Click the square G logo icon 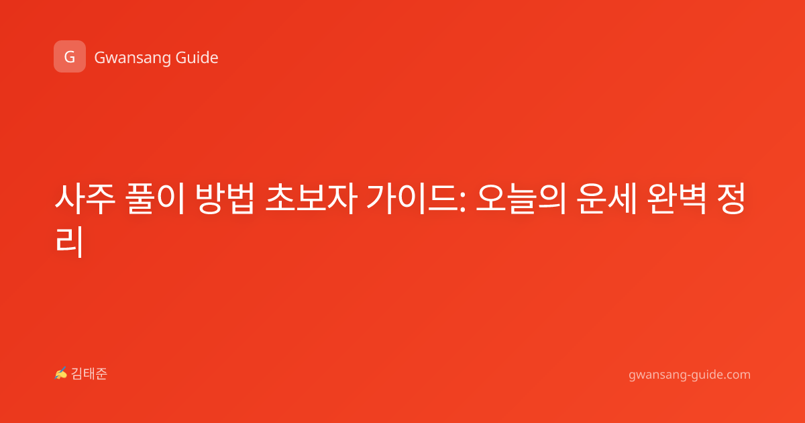click(x=70, y=56)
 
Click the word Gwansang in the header click(x=132, y=58)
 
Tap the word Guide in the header click(x=197, y=57)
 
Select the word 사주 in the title click(x=85, y=199)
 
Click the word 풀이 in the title click(x=155, y=199)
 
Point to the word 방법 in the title click(x=225, y=199)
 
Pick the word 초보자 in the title click(x=311, y=199)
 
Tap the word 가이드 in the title click(x=412, y=199)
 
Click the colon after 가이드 click(x=462, y=203)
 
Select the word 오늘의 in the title click(x=521, y=199)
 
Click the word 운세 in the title click(x=606, y=199)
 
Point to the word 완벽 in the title click(x=676, y=199)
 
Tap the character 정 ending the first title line click(x=731, y=199)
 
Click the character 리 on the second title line click(x=69, y=242)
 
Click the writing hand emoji click(x=60, y=373)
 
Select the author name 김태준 click(x=89, y=374)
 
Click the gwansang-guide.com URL click(x=690, y=375)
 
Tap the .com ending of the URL click(x=736, y=375)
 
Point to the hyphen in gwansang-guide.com click(x=688, y=375)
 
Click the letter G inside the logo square click(x=70, y=57)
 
